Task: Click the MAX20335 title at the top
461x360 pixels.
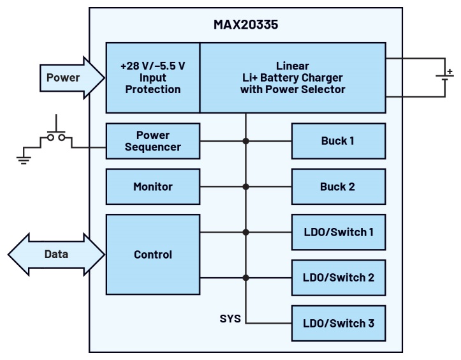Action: [245, 27]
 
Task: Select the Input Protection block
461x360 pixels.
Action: [152, 78]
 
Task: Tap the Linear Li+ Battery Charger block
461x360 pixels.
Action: [293, 78]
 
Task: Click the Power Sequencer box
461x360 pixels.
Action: [152, 141]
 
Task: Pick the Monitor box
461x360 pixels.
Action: [152, 187]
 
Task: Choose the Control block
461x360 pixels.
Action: [152, 255]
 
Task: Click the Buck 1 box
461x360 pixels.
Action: [338, 141]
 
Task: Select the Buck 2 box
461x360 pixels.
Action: [338, 187]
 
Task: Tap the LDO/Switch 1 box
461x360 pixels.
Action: [338, 232]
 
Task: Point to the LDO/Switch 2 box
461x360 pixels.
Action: [338, 278]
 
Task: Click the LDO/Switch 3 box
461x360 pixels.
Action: [338, 323]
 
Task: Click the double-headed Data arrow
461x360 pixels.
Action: [56, 254]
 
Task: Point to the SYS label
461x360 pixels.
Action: [230, 318]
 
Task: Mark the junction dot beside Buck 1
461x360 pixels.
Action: [245, 141]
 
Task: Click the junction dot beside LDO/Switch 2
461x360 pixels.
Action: [245, 278]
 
